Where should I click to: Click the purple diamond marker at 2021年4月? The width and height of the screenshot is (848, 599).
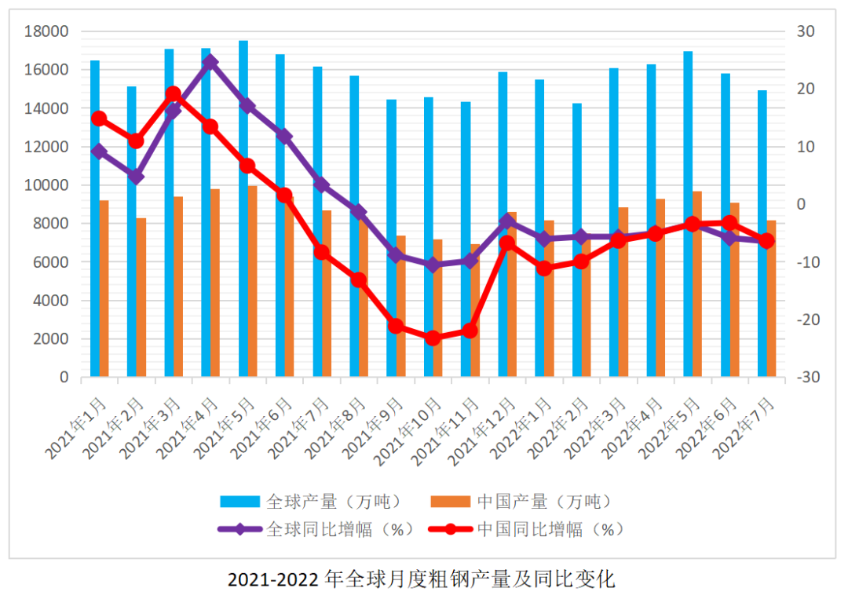[210, 62]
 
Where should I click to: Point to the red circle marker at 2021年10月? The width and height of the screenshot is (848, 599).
[433, 338]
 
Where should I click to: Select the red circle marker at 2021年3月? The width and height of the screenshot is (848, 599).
[174, 94]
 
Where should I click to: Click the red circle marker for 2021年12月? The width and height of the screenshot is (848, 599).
[507, 243]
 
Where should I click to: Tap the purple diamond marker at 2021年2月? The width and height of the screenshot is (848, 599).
[136, 177]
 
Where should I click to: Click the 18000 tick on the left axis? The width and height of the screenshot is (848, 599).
[48, 31]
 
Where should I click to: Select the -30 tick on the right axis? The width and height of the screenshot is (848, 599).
[808, 378]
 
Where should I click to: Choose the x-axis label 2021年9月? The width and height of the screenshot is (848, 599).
[381, 428]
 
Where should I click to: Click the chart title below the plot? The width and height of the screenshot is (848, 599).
[422, 580]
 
